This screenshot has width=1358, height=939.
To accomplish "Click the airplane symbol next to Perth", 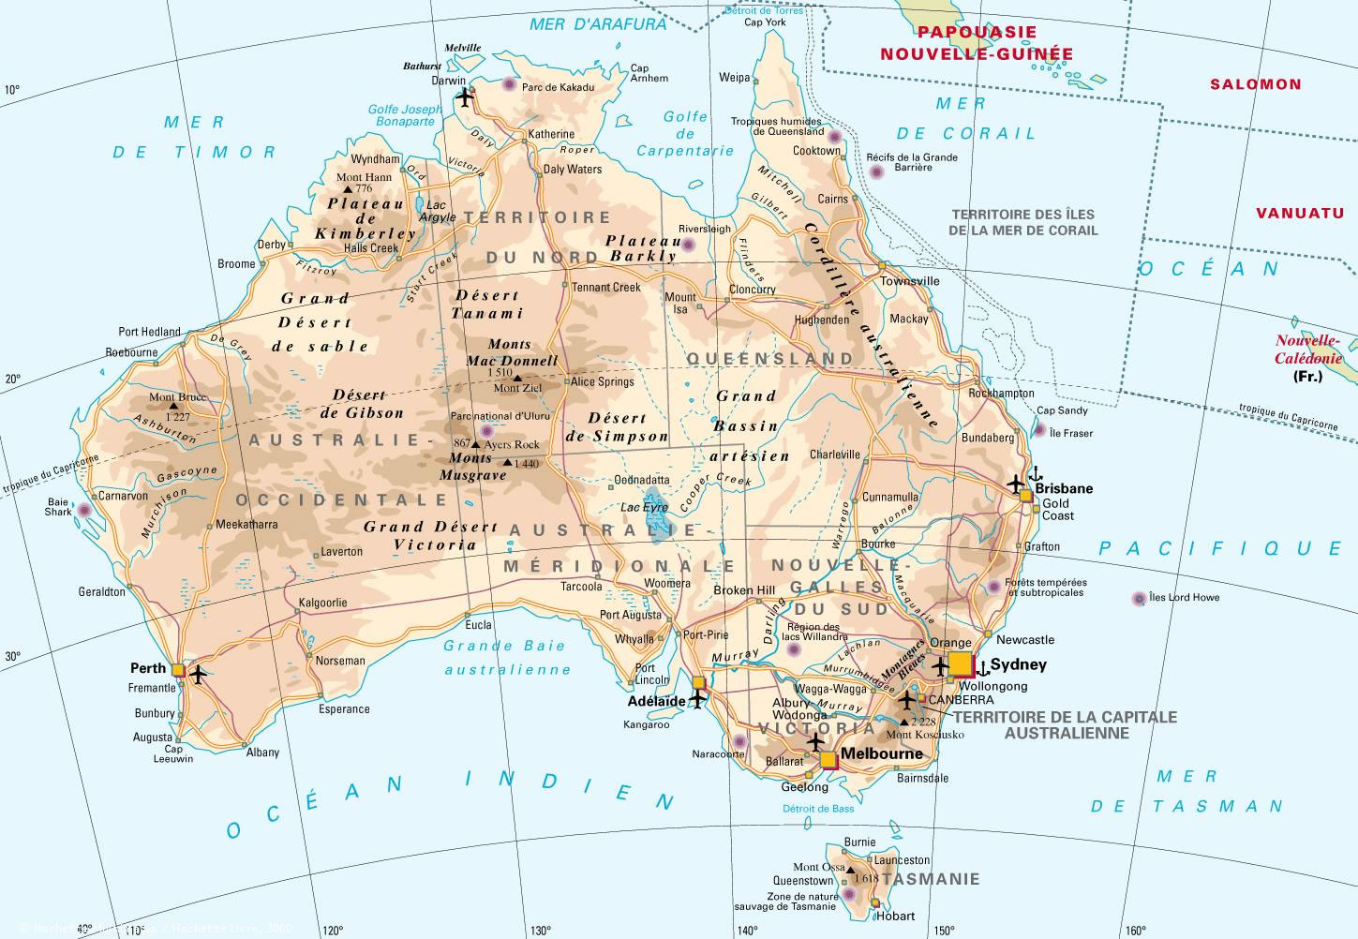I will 198,673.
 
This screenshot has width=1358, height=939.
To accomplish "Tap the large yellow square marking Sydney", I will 961,664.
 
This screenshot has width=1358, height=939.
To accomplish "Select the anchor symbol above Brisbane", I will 1036,473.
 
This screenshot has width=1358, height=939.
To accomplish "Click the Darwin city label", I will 448,81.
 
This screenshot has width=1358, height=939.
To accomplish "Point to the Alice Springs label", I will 603,381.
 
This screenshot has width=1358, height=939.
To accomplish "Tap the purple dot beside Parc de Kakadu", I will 509,84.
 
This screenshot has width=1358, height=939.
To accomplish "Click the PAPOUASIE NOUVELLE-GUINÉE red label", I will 976,43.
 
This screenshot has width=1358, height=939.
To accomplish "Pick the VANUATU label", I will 1300,213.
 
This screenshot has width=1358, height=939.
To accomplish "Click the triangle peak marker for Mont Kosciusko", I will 903,723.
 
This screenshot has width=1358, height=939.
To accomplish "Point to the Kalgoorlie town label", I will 322,603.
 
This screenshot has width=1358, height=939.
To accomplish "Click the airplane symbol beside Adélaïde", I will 697,698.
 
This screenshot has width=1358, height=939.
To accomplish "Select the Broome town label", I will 236,264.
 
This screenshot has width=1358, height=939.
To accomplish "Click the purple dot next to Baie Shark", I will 85,511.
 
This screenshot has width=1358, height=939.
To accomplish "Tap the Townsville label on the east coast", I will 909,281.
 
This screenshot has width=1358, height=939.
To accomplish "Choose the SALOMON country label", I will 1255,84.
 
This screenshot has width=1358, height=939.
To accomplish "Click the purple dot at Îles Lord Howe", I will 1139,598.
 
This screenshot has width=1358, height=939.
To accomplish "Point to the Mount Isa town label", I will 681,303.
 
